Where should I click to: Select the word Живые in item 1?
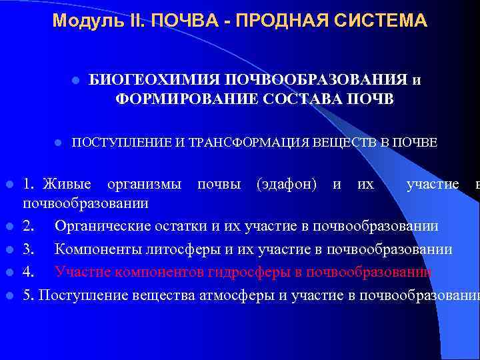(x=69, y=183)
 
